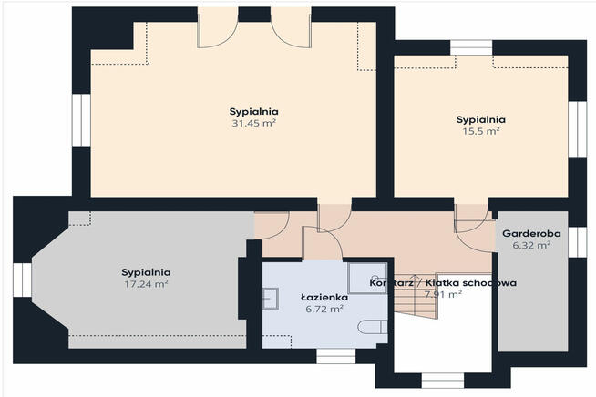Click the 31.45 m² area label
[x=253, y=123]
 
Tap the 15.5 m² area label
[x=481, y=131]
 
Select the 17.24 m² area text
[x=147, y=284]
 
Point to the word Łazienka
[x=324, y=297]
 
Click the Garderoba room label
[x=531, y=233]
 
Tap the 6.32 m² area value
[x=531, y=245]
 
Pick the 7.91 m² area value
[x=443, y=294]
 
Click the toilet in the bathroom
[x=373, y=327]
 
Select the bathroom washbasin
[x=271, y=299]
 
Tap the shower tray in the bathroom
[x=367, y=278]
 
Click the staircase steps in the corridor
[x=416, y=296]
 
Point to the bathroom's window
[x=335, y=357]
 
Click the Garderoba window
[x=578, y=242]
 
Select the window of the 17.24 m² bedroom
[x=23, y=280]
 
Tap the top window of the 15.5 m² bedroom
[x=471, y=48]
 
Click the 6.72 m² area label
[x=324, y=309]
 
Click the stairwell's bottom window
[x=443, y=381]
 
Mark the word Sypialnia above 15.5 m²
[x=481, y=119]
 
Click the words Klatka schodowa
[x=470, y=282]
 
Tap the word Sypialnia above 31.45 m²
[x=253, y=112]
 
